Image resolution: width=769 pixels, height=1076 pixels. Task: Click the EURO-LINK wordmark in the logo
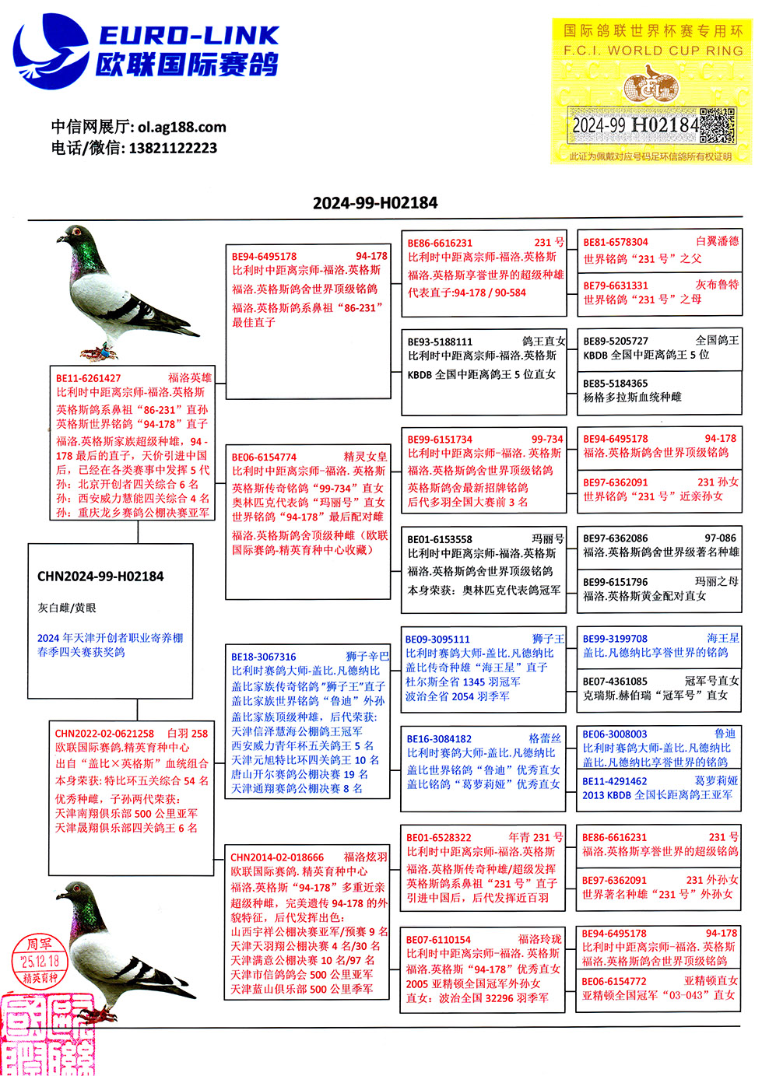click(188, 36)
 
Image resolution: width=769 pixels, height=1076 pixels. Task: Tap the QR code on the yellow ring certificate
click(717, 125)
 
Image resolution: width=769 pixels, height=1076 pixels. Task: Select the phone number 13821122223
click(173, 148)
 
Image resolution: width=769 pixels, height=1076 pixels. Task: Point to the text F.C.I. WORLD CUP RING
click(653, 51)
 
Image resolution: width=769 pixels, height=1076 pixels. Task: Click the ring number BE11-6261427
click(88, 378)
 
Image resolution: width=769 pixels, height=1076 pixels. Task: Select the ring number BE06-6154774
click(264, 457)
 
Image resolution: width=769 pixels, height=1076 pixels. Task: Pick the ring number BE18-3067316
click(264, 657)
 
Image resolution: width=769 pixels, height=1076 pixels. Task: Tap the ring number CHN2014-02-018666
click(277, 857)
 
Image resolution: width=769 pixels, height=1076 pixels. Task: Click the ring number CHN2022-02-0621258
click(104, 734)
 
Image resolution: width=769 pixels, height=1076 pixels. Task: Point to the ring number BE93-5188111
click(440, 342)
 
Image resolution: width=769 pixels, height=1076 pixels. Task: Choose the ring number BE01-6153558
click(440, 539)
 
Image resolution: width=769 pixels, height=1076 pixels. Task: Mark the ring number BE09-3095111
click(437, 640)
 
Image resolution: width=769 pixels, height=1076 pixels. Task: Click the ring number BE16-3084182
click(439, 739)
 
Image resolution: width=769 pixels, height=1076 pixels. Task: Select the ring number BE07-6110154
click(438, 940)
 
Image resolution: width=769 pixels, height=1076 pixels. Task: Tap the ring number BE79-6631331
click(616, 286)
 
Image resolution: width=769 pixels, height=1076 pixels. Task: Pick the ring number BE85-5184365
click(616, 384)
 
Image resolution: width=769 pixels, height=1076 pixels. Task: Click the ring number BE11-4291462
click(615, 781)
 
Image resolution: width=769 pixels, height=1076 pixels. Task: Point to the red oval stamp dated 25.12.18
click(40, 961)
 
